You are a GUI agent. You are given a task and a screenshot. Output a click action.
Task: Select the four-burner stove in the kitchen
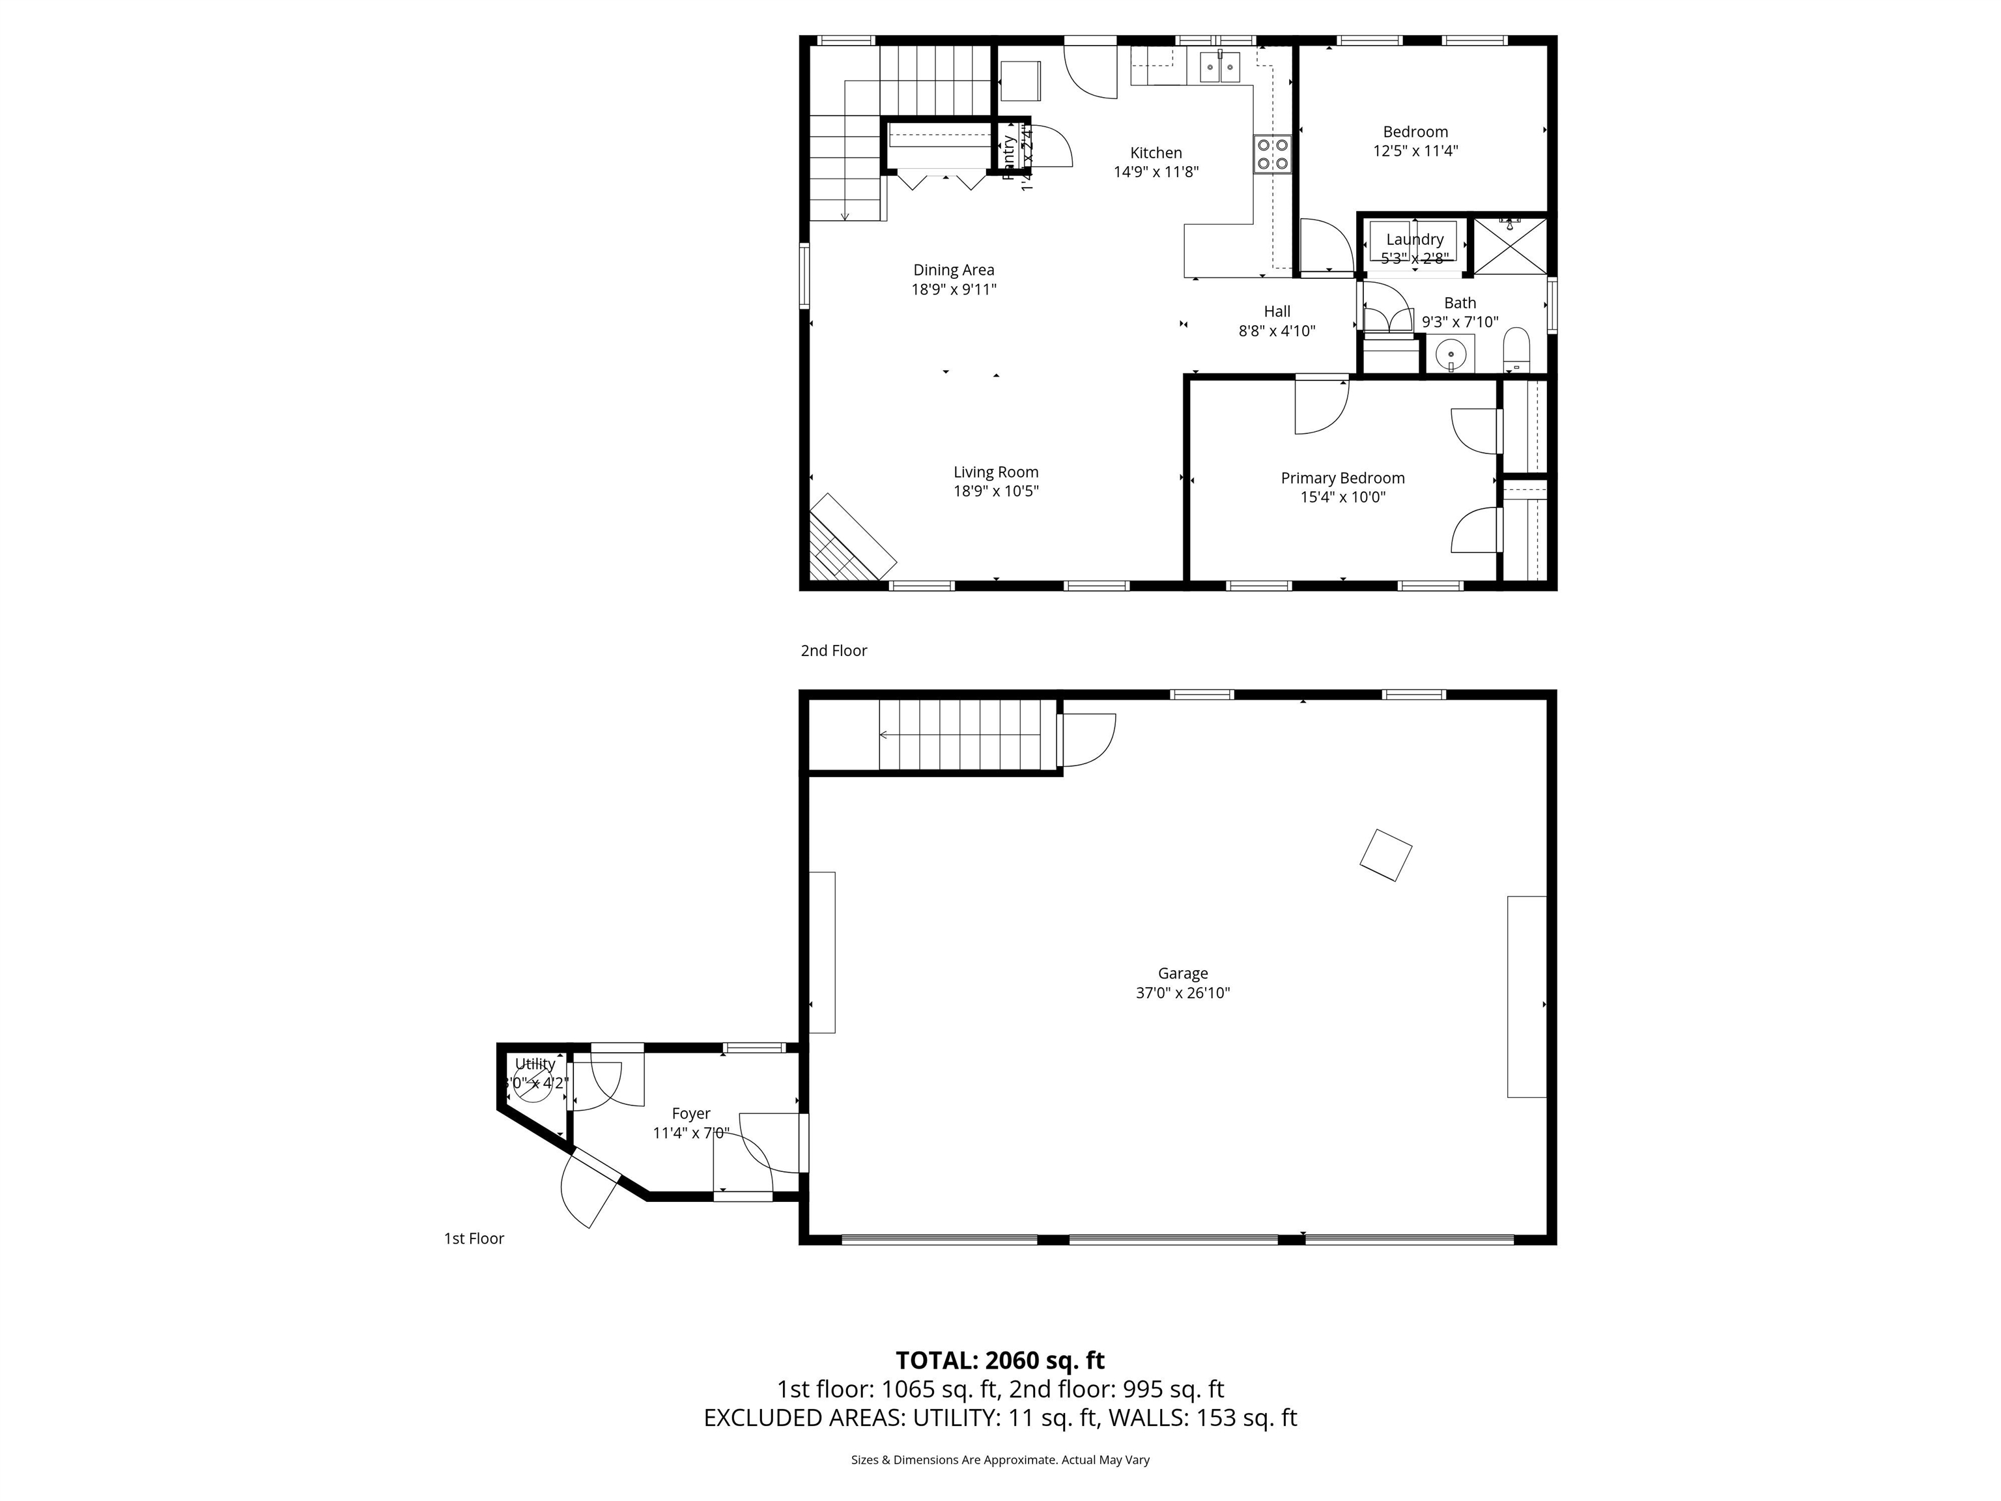pyautogui.click(x=1272, y=154)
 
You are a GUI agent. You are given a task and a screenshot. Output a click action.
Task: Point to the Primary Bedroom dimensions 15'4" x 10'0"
pyautogui.click(x=1342, y=496)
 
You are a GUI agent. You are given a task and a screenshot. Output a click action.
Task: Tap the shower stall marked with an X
pyautogui.click(x=1510, y=245)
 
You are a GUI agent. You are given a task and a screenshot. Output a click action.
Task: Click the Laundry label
pyautogui.click(x=1414, y=240)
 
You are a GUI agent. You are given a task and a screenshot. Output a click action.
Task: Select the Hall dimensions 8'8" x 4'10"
pyautogui.click(x=1277, y=331)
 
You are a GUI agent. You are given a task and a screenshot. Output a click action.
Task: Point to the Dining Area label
pyautogui.click(x=954, y=270)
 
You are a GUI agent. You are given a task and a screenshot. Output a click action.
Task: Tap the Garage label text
pyautogui.click(x=1182, y=973)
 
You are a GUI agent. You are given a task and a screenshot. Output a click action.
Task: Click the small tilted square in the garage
pyautogui.click(x=1385, y=855)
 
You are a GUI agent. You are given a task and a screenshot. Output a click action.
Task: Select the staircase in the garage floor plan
pyautogui.click(x=968, y=735)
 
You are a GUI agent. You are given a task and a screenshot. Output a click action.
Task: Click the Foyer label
pyautogui.click(x=690, y=1114)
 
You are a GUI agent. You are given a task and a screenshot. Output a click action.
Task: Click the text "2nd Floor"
pyautogui.click(x=833, y=651)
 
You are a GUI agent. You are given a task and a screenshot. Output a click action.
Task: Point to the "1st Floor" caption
pyautogui.click(x=473, y=1238)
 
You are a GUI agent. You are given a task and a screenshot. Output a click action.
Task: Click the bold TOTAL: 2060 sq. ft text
pyautogui.click(x=1000, y=1361)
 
